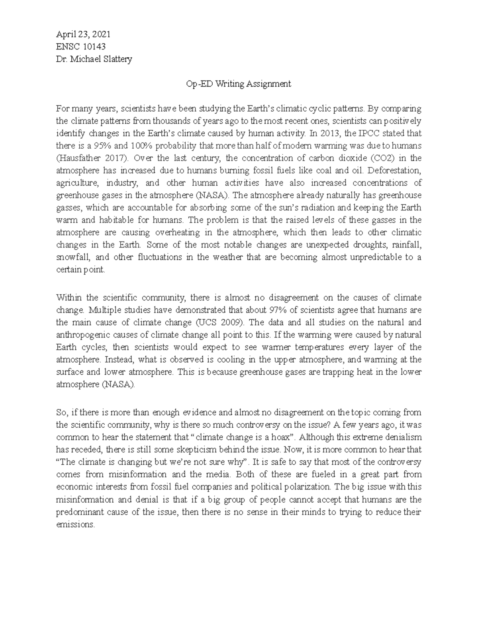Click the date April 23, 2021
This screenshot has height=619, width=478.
[x=83, y=34]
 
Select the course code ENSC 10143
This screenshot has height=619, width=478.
[x=81, y=47]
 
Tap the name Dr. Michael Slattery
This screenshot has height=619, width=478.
[x=94, y=59]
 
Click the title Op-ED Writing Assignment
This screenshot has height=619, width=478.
[x=239, y=84]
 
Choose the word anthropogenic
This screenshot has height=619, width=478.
[x=82, y=335]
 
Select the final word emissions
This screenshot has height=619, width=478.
[x=74, y=525]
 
